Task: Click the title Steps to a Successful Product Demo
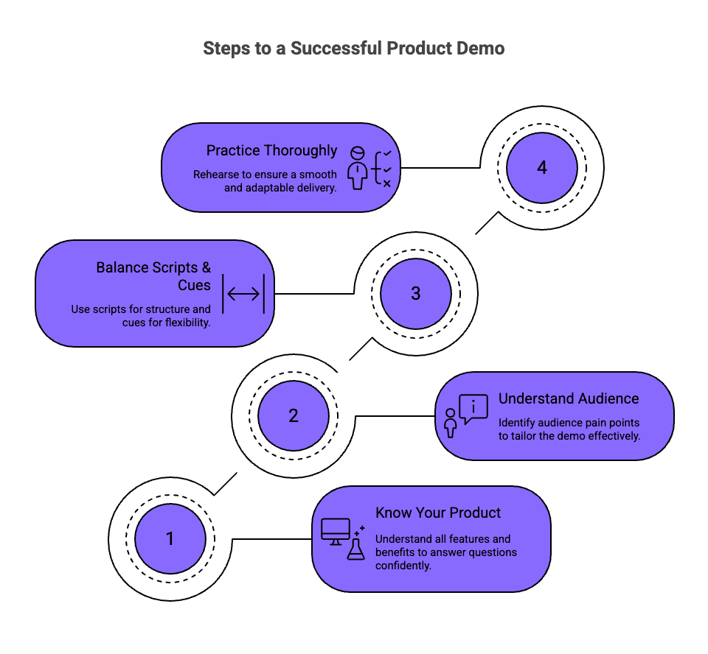click(x=354, y=49)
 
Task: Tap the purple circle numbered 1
click(x=170, y=538)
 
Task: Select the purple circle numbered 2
click(x=294, y=415)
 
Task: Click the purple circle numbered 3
click(x=416, y=293)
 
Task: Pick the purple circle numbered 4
click(x=542, y=167)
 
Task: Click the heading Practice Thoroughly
click(x=271, y=150)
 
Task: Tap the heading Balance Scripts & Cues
click(x=153, y=276)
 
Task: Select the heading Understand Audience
click(x=569, y=398)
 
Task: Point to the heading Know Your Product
click(x=438, y=513)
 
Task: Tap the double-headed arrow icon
click(x=243, y=294)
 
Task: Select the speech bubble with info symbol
click(x=473, y=408)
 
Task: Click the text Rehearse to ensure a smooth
click(x=265, y=175)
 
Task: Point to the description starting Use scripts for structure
click(x=140, y=315)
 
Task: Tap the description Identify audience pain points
click(x=569, y=429)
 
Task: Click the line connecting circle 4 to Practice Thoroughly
click(x=440, y=168)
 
